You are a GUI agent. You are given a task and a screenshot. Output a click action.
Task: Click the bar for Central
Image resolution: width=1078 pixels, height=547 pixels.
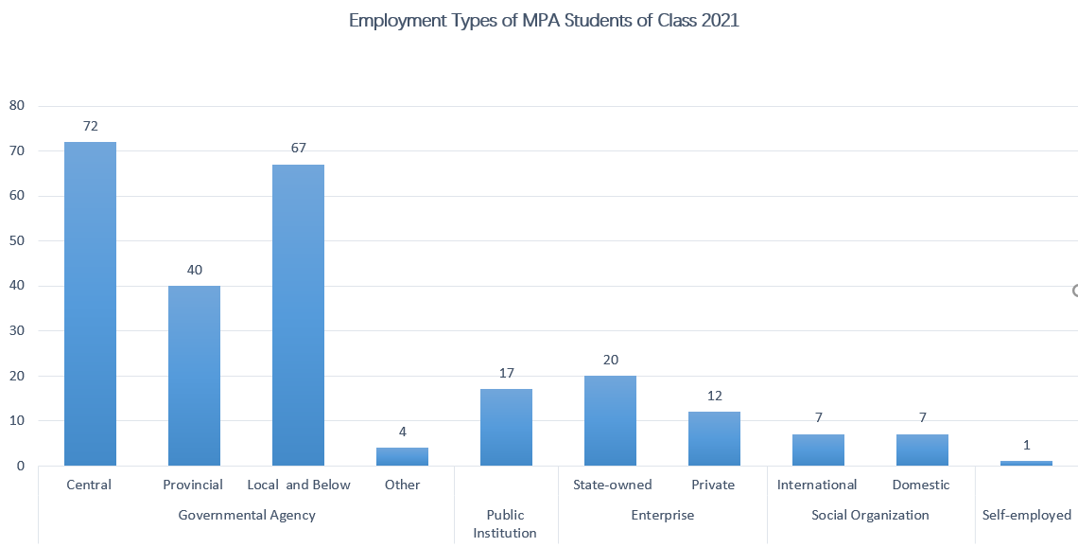90,303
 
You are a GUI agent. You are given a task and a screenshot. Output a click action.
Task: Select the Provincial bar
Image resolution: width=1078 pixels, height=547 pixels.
194,375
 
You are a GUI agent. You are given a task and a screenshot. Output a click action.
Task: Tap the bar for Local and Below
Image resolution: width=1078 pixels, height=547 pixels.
298,314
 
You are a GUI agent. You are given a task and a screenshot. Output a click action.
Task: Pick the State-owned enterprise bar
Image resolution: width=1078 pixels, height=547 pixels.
610,420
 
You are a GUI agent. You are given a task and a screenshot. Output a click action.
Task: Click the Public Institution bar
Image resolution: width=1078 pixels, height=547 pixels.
506,427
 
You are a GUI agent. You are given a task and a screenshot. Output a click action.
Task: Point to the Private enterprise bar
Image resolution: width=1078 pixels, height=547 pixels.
714,438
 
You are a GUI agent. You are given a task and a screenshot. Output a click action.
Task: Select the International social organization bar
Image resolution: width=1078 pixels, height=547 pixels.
818,450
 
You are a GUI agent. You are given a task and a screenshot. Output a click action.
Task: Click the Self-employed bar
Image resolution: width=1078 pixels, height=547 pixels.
1026,463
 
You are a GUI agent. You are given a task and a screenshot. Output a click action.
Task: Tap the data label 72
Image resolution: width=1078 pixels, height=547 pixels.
91,126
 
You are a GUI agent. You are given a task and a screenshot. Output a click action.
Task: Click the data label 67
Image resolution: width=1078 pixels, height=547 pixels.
298,149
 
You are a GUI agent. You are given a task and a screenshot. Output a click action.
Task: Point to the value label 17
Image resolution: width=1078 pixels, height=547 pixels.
506,373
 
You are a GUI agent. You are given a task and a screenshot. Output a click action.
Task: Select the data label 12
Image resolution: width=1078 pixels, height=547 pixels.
714,396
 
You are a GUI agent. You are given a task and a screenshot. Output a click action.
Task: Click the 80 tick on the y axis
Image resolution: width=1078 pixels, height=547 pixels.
16,105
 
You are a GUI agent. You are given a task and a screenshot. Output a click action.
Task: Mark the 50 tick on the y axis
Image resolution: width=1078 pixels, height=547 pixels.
16,240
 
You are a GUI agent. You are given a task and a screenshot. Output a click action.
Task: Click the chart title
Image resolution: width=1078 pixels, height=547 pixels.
544,21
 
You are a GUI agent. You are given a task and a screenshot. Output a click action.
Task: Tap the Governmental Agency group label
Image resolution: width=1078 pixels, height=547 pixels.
247,515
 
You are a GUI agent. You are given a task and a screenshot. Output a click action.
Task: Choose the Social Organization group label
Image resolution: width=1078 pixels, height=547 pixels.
870,515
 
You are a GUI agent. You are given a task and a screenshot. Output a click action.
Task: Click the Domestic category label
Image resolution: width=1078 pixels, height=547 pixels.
921,485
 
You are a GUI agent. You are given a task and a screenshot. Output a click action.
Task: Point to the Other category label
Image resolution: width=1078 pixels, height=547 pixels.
402,485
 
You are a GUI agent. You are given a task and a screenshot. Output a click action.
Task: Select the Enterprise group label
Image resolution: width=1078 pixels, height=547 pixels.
662,515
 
